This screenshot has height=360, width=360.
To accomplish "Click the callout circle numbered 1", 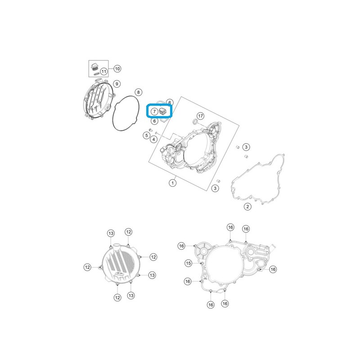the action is click(x=173, y=183).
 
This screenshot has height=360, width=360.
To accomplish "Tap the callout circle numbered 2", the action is click(x=247, y=207).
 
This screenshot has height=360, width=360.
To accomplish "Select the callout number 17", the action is click(x=200, y=116).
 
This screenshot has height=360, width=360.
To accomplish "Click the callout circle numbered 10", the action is click(x=117, y=69).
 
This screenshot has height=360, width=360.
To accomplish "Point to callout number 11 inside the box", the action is click(x=104, y=72).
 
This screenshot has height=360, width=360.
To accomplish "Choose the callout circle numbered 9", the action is click(x=117, y=84).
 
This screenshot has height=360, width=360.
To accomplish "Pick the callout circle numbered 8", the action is click(x=138, y=92).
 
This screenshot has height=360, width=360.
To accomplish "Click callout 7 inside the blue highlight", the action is click(x=154, y=112).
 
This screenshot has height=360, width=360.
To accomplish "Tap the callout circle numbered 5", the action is click(x=147, y=135).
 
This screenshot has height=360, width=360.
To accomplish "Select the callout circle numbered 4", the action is click(x=153, y=139).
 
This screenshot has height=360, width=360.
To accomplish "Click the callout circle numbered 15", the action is click(x=188, y=263).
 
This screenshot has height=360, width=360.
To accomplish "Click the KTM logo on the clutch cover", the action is click(x=120, y=274).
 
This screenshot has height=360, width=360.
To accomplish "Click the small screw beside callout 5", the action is click(x=151, y=130).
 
